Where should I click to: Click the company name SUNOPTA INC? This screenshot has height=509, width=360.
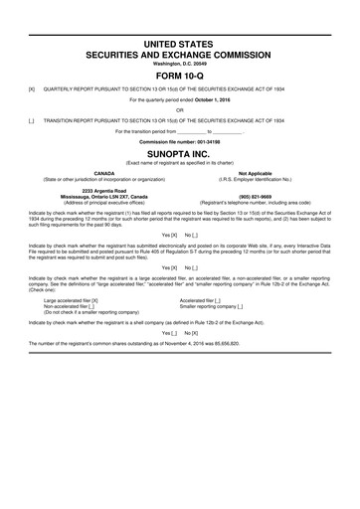[180, 155]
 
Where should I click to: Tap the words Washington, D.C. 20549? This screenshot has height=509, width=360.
[180, 63]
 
